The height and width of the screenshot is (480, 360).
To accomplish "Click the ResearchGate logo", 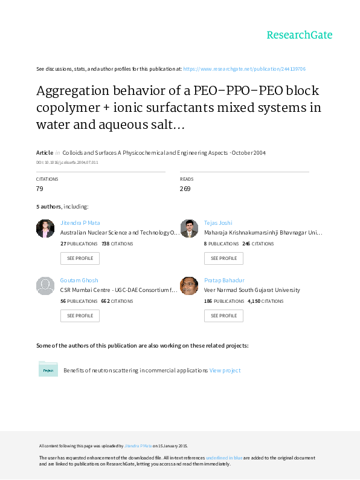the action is point(300,35).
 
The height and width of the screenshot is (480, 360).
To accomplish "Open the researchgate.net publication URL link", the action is point(245,69).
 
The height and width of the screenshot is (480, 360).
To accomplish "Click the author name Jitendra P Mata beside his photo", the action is point(80,223).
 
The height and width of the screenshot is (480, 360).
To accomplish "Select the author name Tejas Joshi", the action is point(218,223).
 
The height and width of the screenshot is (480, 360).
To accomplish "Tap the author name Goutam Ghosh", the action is point(79,281).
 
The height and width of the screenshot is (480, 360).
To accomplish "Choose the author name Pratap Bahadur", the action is point(224,281).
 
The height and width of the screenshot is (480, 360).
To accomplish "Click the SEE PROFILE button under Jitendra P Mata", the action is point(80,258).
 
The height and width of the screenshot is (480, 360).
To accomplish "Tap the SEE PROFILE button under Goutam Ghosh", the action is point(80,316).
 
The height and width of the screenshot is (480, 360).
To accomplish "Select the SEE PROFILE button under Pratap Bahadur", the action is point(223,316).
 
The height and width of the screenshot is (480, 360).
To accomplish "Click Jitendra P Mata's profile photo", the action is point(45,229).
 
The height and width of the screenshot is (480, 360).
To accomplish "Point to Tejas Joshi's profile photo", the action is point(189,229).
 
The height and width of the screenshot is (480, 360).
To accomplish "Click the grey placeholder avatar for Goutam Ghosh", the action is point(45,286).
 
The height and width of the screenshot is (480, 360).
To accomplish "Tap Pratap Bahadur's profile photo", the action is point(189,286).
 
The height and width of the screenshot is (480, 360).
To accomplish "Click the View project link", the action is point(225,371).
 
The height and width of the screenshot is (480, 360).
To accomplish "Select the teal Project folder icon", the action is point(48,369).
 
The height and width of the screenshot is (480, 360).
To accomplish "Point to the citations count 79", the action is point(40,189).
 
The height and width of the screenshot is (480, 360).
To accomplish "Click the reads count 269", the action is point(185,189).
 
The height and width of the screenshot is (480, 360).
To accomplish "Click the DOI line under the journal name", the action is point(67,163).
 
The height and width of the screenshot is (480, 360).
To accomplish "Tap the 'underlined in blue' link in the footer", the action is point(224,458).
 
